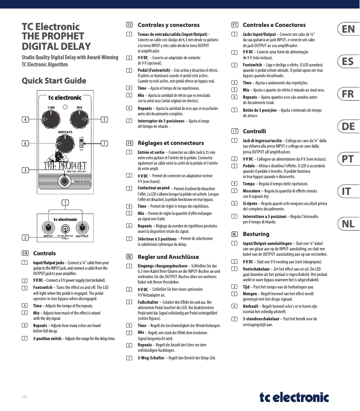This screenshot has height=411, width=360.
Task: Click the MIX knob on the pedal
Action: tap(79, 119)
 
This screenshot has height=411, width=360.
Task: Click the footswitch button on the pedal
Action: tap(66, 181)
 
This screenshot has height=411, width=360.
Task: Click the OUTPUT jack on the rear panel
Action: tap(82, 227)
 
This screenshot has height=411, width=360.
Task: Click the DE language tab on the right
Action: tap(348, 127)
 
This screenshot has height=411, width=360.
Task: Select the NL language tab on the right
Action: tap(348, 223)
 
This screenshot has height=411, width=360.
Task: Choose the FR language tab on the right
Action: tap(348, 94)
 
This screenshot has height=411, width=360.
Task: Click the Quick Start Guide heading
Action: tap(54, 81)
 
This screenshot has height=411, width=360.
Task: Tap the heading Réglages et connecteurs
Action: tap(170, 143)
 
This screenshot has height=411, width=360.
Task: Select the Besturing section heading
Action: tap(256, 234)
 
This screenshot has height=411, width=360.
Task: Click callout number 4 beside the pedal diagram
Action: tap(26, 119)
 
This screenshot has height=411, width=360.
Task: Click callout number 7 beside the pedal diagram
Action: tap(104, 143)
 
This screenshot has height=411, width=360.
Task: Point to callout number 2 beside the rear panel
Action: tap(26, 237)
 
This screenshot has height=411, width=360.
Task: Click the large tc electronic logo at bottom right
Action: tap(294, 398)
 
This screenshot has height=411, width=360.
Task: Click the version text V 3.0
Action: tap(25, 397)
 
